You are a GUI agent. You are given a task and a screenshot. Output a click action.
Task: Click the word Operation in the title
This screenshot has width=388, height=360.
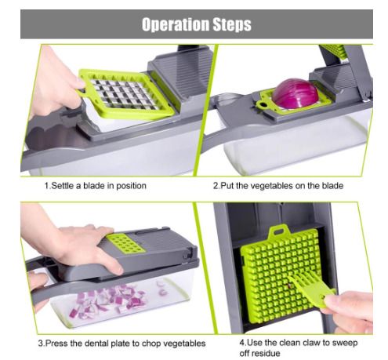click(x=176, y=24)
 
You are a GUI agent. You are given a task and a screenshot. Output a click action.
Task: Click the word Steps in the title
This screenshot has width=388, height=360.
click(x=232, y=24)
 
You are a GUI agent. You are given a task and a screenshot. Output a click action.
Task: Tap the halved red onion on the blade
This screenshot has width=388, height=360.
click(x=295, y=93)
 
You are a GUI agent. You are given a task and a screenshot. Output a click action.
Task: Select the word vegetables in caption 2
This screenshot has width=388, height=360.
click(x=268, y=186)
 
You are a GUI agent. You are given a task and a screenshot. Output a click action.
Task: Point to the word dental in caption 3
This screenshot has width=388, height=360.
click(x=98, y=343)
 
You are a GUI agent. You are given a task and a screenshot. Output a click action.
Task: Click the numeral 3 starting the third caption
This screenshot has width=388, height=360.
click(x=41, y=343)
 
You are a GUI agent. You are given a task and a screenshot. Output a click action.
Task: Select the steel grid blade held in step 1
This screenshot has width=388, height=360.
click(x=122, y=94)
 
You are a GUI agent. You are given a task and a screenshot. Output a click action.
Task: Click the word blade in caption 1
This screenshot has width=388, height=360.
click(x=94, y=186)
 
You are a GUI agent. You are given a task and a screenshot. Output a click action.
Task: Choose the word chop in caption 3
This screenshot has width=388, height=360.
click(x=150, y=344)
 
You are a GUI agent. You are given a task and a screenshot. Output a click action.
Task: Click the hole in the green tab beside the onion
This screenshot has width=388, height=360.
click(x=263, y=105)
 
